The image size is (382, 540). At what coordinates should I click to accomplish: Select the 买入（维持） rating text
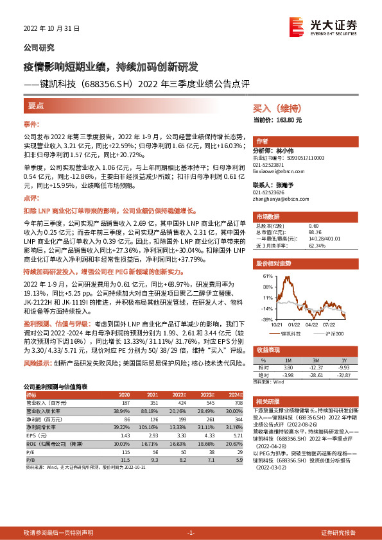click(275, 108)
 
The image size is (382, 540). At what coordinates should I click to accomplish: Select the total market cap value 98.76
click(314, 232)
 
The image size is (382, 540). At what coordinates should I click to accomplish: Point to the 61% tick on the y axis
click(266, 276)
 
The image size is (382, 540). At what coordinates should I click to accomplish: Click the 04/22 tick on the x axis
click(311, 325)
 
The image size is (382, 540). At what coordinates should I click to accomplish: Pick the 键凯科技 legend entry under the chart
click(293, 333)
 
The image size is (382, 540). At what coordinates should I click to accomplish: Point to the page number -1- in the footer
click(191, 533)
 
